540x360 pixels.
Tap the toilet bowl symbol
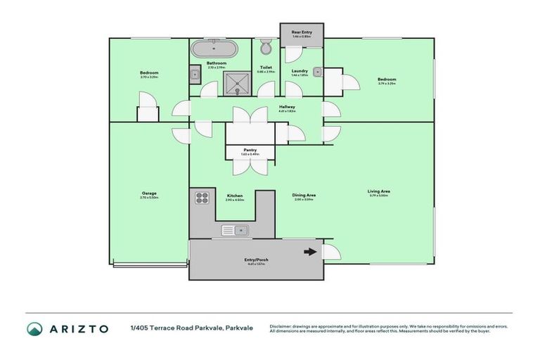coord(266,49)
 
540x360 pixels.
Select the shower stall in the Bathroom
coord(238,82)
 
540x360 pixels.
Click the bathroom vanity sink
coord(195,74)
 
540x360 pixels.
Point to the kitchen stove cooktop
coord(203,198)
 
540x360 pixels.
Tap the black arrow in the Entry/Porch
coord(309,252)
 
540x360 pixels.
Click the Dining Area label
coord(304,197)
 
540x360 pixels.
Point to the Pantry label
coord(250,150)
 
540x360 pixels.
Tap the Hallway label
coord(287,108)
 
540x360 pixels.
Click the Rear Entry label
coord(302,32)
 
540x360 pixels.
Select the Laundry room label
coord(300,71)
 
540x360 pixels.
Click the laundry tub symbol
coord(318,71)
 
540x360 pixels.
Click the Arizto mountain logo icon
coord(34,328)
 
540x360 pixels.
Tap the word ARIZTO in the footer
coord(78,328)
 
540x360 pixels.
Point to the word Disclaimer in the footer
coord(281,326)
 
